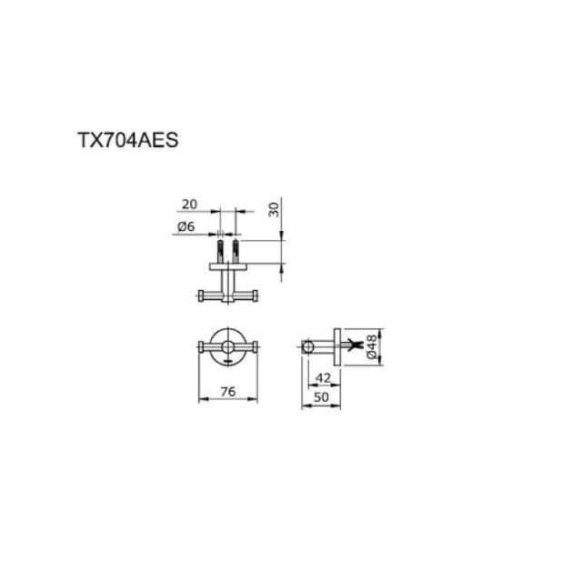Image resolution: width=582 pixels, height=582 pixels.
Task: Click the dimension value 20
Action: coord(188,205)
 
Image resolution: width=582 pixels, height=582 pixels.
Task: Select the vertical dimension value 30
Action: coord(274,208)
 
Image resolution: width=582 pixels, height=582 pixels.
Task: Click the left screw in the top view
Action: coord(218,248)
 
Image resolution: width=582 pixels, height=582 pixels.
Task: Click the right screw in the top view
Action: coord(236,248)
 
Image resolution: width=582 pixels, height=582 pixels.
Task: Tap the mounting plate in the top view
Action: coord(227,265)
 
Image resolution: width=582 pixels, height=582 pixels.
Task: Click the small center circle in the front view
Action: coord(227,346)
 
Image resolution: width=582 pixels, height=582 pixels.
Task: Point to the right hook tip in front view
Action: coord(256,346)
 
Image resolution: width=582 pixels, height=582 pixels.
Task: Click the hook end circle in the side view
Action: coord(309,346)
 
